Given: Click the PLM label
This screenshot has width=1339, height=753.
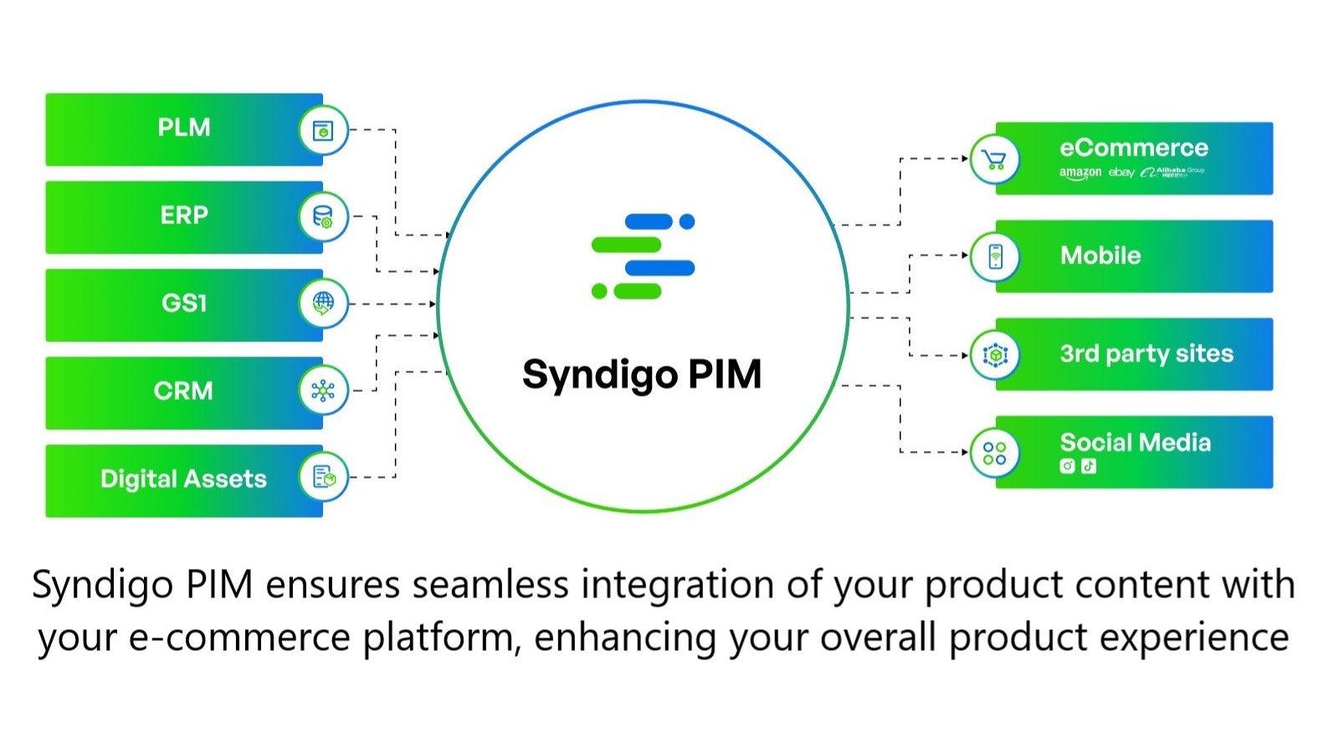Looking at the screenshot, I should point(184,128).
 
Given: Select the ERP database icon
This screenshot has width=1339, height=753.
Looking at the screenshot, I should point(323,217).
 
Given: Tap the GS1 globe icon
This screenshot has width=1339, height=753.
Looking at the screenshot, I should point(323,303).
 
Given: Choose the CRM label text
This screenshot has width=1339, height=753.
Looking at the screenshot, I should point(183,391).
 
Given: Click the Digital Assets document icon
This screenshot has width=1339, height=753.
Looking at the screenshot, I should point(323,477).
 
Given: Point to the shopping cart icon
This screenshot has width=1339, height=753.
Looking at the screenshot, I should point(994,159).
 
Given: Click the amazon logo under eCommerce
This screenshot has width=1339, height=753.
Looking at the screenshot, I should point(1080,172).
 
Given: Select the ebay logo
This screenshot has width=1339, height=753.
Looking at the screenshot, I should point(1121,172).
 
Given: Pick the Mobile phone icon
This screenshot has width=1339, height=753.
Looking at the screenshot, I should point(995,256).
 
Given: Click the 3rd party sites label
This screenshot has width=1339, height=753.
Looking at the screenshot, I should point(1147,354).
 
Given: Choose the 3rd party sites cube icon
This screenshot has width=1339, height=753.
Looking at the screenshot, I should point(995,356).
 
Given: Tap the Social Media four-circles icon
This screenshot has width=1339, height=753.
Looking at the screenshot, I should point(994,453).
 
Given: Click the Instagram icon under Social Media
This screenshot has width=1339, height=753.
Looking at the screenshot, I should point(1067,466).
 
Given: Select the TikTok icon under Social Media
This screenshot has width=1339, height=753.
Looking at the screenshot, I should point(1088,466).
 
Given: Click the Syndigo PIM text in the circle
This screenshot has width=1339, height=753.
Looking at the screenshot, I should point(642,374).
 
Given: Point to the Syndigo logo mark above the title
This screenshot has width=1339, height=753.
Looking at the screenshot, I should point(643,256).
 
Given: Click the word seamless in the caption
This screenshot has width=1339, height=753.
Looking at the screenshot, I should point(490,584).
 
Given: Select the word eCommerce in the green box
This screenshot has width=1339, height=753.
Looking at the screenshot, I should point(1134,148).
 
